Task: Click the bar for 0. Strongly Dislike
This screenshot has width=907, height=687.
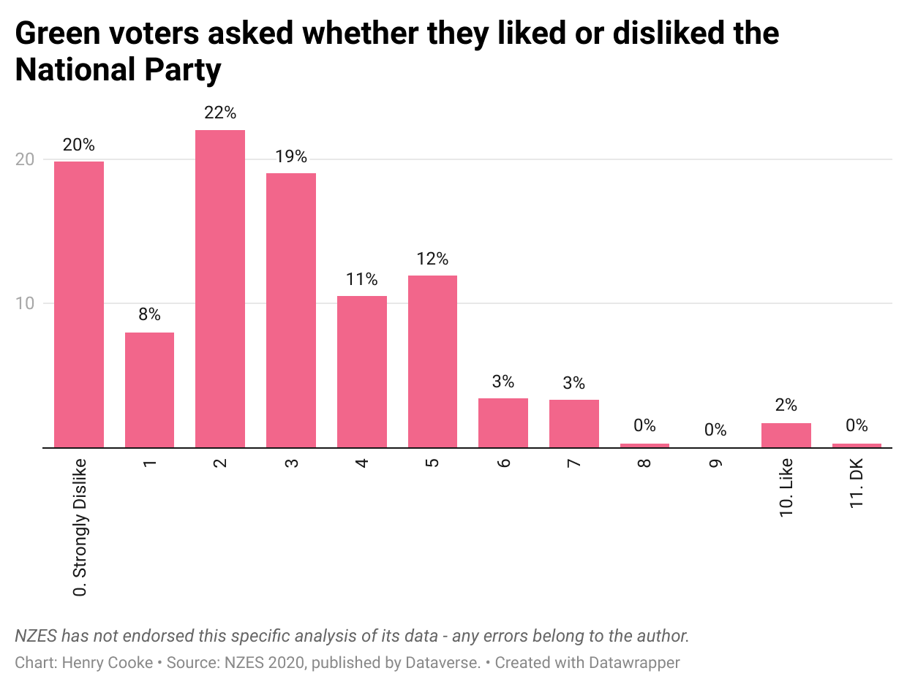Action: coord(79,304)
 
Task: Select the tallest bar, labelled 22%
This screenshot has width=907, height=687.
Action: coord(220,289)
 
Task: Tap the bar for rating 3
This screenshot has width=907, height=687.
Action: coord(291,310)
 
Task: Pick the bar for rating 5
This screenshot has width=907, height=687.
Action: coord(432,361)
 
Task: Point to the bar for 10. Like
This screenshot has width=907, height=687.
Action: coord(786,436)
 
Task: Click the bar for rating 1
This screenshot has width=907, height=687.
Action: coord(150,390)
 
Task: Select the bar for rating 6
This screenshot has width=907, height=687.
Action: coord(503,422)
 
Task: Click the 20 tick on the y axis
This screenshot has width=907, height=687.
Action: coord(25,159)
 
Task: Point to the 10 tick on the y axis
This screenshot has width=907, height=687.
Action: coord(25,303)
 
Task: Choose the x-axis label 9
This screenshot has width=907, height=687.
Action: coord(716,463)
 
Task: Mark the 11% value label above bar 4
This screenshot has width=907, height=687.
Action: coord(362,279)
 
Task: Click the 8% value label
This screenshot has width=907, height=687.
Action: coord(150,315)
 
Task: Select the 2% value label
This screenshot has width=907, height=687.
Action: coord(786,406)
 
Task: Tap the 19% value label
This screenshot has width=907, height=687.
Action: coord(291,156)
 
